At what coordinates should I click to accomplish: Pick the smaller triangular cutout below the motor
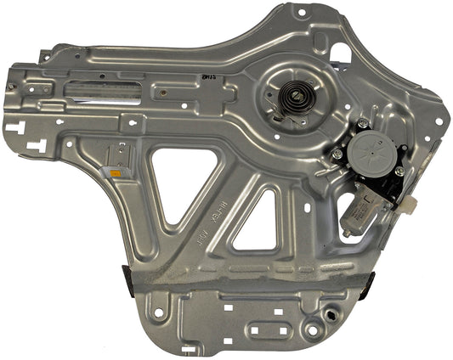click(258, 222)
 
